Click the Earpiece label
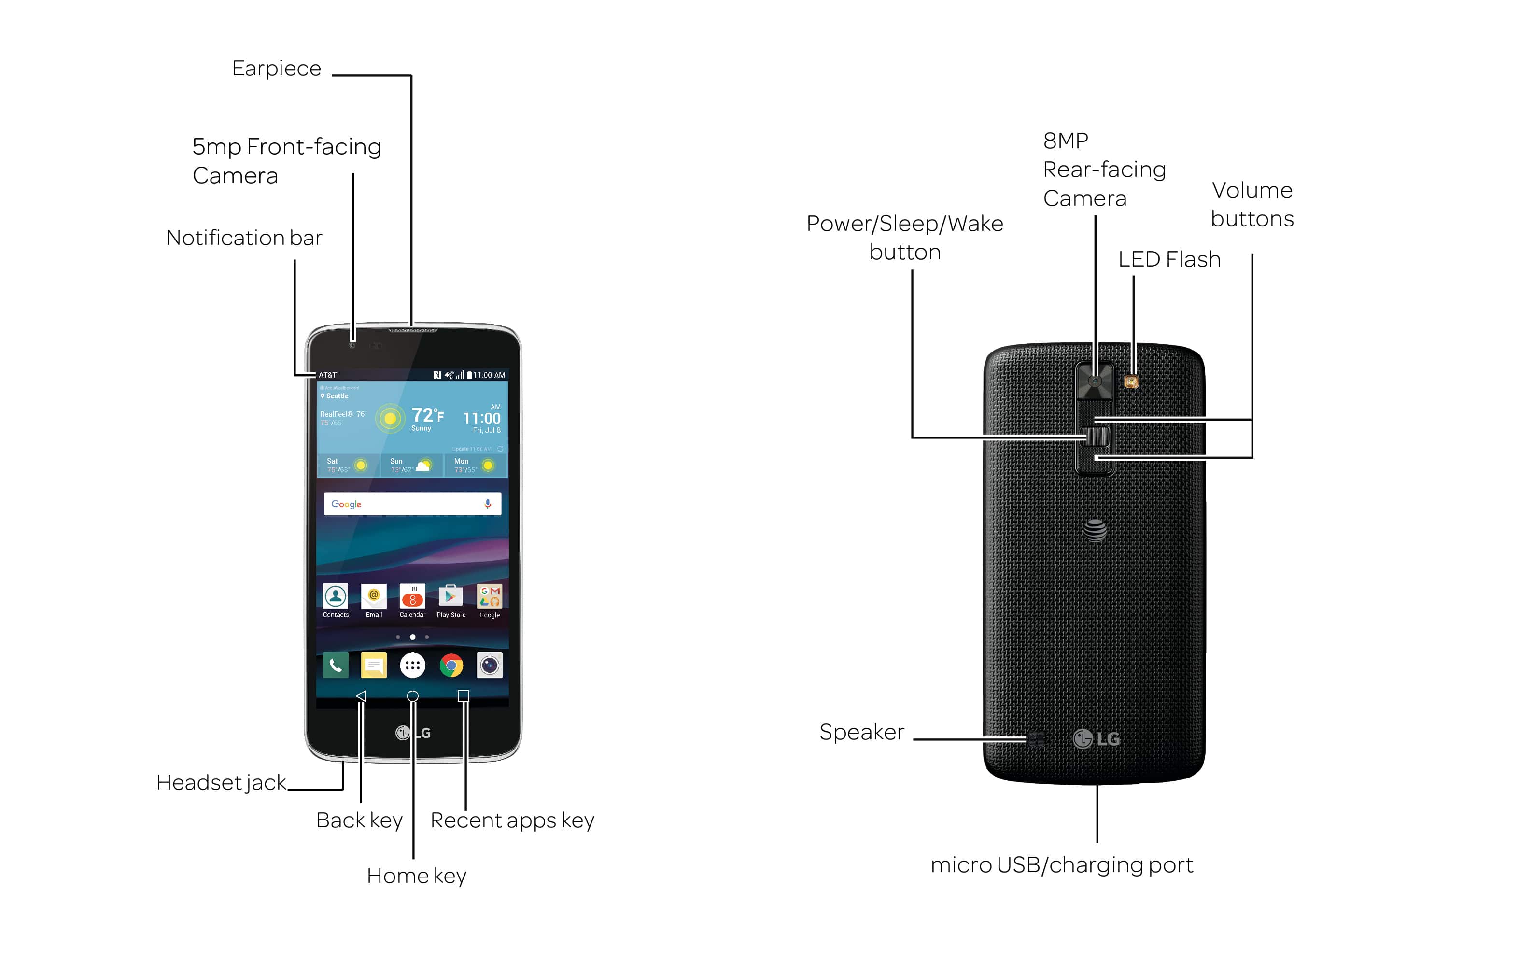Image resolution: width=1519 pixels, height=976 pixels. click(276, 69)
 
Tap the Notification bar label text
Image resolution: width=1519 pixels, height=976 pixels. click(244, 238)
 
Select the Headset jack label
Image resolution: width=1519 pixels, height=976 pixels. click(221, 783)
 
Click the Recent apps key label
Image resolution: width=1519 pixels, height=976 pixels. click(512, 820)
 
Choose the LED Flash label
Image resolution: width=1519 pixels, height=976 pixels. click(1169, 259)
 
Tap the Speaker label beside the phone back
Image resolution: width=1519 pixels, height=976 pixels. click(861, 732)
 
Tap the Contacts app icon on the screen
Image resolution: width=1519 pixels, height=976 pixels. click(335, 596)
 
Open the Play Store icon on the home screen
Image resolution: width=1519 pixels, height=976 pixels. click(450, 596)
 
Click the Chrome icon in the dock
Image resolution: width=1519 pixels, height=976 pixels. click(451, 665)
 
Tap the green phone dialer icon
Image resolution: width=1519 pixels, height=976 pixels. click(335, 665)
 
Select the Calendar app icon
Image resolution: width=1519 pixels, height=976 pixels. click(412, 596)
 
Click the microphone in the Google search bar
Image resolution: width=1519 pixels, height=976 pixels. click(488, 504)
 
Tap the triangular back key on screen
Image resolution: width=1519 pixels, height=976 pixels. click(361, 696)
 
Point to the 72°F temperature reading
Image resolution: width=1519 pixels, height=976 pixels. click(427, 416)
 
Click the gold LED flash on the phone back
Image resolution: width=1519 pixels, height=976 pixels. click(1131, 382)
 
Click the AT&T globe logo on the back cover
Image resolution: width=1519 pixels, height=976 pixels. click(1095, 530)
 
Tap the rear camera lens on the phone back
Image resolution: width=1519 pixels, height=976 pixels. click(1095, 382)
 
